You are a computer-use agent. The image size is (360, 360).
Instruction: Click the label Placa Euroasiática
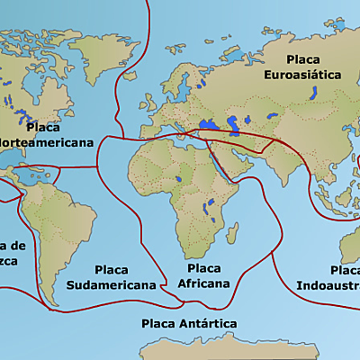302,68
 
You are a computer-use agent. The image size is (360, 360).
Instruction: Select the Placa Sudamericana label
109,277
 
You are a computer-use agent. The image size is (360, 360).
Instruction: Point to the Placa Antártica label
189,322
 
